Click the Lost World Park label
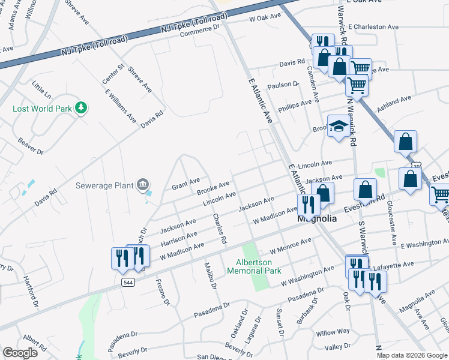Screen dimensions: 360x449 42,109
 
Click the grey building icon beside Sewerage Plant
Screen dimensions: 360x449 143,185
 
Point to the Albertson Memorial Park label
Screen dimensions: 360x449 254,266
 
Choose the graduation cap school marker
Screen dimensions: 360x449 339,127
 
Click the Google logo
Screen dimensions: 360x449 20,353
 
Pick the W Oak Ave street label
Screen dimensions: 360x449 265,18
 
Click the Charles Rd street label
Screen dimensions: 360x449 219,230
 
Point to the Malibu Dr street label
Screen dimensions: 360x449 209,275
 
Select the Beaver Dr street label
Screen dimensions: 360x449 31,147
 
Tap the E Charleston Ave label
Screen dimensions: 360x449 373,27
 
